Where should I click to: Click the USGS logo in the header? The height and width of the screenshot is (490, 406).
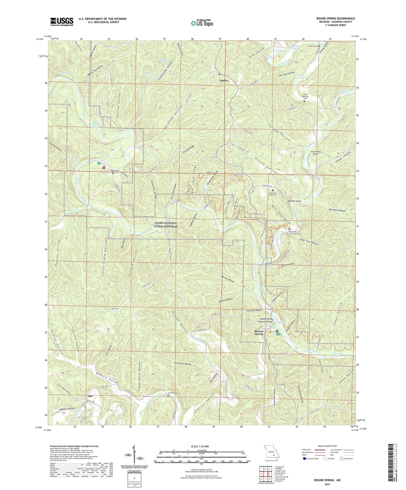[x=62, y=21]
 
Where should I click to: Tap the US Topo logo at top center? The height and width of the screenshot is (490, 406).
[x=202, y=23]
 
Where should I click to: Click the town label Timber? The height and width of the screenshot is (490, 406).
[x=224, y=81]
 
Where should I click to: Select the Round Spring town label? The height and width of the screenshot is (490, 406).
[x=259, y=333]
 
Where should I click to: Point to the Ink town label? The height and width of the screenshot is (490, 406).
[x=90, y=396]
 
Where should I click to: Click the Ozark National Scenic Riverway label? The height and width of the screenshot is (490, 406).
[x=166, y=225]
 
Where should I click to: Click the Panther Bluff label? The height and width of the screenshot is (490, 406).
[x=295, y=201]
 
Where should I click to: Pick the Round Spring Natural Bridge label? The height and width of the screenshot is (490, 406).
[x=266, y=320]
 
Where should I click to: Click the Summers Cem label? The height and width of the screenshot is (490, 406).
[x=173, y=393]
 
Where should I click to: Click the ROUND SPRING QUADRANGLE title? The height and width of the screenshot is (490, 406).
[x=335, y=19]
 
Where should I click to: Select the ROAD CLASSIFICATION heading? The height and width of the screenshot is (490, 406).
[x=328, y=446]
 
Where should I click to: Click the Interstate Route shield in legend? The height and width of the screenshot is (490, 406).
[x=305, y=459]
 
